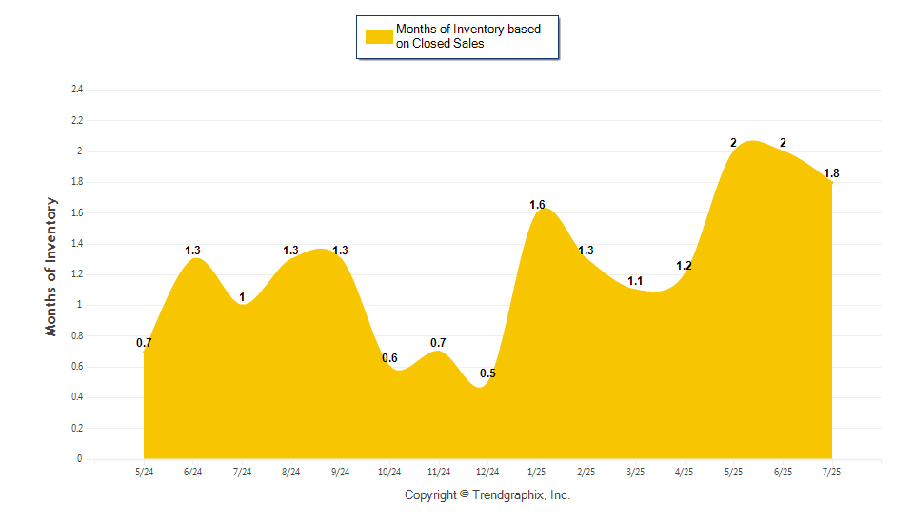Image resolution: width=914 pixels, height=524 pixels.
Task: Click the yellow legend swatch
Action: [x=379, y=37]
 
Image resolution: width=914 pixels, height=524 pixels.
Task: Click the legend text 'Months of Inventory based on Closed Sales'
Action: [x=468, y=36]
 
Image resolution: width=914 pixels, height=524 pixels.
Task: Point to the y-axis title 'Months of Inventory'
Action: [x=51, y=267]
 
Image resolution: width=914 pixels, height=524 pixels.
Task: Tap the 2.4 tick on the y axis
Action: [x=77, y=90]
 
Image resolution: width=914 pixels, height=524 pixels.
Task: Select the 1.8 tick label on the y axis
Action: [x=77, y=182]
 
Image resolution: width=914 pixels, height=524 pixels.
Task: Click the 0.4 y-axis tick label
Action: [x=77, y=397]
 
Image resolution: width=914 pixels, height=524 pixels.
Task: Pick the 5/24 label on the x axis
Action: [x=144, y=472]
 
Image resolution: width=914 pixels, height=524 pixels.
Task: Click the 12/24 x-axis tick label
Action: [x=487, y=472]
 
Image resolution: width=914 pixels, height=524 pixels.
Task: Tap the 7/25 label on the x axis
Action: [x=831, y=472]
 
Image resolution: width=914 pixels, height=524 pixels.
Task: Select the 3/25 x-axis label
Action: [x=635, y=472]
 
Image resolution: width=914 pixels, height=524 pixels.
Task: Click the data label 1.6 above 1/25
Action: [x=537, y=205]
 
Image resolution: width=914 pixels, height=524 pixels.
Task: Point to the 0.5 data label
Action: [x=487, y=373]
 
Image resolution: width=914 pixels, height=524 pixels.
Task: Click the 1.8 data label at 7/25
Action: [x=831, y=173]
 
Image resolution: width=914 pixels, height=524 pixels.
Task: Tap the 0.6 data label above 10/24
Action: [x=389, y=358]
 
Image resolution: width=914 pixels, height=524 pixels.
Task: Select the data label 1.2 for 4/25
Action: [x=684, y=266]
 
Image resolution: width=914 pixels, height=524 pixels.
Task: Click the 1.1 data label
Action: [x=635, y=281]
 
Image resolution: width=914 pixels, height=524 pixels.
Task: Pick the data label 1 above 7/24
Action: [x=242, y=297]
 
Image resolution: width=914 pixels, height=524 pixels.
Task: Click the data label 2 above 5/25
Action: [x=733, y=143]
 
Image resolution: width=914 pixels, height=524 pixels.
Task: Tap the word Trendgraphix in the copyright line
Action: [x=508, y=495]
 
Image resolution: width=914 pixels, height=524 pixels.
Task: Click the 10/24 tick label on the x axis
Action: [x=389, y=472]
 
